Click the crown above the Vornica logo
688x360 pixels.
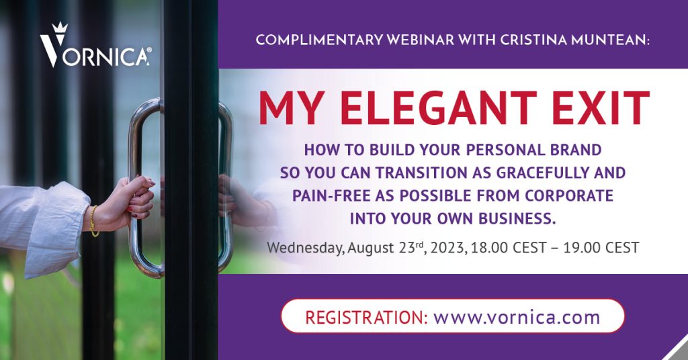click(59, 28)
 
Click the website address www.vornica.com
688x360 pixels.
click(517, 316)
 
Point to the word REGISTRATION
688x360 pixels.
click(366, 316)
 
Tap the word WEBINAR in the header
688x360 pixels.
click(421, 40)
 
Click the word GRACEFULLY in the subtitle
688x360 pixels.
click(542, 173)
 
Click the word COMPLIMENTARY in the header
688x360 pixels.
click(319, 40)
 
